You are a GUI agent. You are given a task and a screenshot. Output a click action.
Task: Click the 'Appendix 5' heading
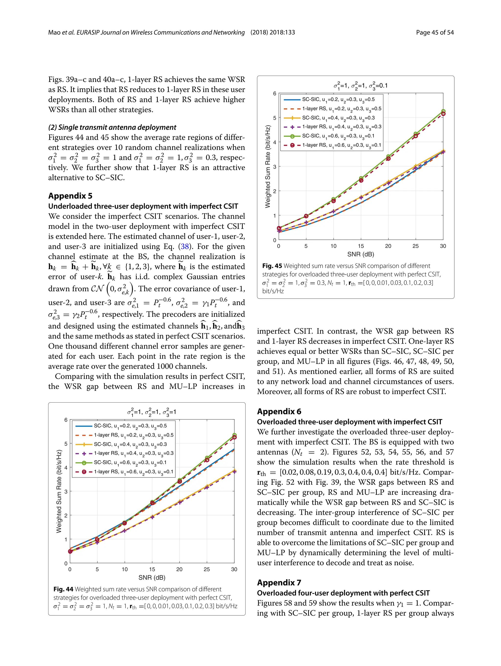point(70,196)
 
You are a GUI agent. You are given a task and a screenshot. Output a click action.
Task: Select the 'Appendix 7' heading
point(279,582)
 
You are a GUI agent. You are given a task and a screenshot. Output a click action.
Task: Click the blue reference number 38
point(184,247)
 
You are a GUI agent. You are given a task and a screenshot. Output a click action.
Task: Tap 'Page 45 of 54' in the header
point(434,33)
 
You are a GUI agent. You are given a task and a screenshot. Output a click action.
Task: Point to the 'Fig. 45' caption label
point(272,266)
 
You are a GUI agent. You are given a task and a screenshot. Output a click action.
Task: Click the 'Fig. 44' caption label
point(63,589)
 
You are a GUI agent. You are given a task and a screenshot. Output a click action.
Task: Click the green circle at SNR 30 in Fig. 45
point(443,111)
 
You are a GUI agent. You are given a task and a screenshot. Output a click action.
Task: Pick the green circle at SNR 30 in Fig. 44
point(234,435)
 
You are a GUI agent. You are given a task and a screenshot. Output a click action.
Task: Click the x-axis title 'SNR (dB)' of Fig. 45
point(360,254)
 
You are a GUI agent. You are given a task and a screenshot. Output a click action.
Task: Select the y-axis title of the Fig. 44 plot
point(59,491)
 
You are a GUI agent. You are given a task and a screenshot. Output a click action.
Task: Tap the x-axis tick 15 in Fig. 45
point(361,246)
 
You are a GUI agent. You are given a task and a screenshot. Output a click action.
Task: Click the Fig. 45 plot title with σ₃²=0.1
point(360,86)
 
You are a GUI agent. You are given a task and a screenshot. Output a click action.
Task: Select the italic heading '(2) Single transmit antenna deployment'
point(112,127)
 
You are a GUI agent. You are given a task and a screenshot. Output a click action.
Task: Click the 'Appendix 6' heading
point(279,411)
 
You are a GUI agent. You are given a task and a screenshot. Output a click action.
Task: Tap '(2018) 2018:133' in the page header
point(273,33)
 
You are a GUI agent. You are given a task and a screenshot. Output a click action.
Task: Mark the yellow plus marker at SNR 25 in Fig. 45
point(415,166)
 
